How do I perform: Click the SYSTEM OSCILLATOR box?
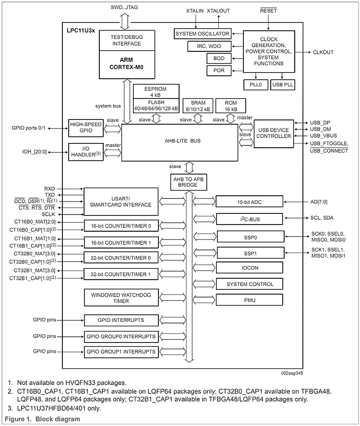[202, 34]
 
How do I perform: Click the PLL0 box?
[256, 84]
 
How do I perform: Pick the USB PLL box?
[282, 84]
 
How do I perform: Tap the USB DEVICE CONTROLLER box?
[274, 132]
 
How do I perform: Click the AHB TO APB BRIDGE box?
[189, 182]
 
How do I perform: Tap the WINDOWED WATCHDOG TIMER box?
[121, 298]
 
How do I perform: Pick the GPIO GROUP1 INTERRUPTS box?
[121, 352]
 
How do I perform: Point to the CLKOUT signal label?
[324, 52]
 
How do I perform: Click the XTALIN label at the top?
[195, 10]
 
